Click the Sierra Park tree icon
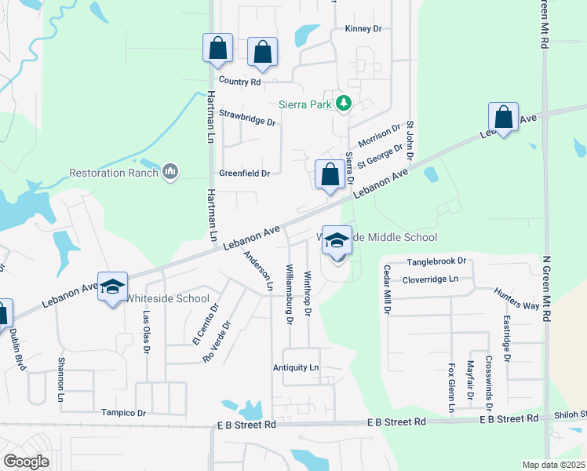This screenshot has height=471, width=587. point(342,103)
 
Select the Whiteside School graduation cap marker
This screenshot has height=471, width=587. point(112,287)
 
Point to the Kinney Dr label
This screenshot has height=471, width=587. point(363,29)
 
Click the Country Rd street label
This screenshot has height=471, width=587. point(239,82)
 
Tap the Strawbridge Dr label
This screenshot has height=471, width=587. point(247,122)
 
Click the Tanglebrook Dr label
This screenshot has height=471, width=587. point(436,261)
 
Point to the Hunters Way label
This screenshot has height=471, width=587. point(516,301)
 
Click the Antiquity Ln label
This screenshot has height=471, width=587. point(296,367)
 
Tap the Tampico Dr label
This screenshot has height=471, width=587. point(123,413)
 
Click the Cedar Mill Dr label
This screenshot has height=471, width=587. point(386,290)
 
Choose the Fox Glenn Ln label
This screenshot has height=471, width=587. point(451,387)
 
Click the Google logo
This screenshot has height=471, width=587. point(26,462)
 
